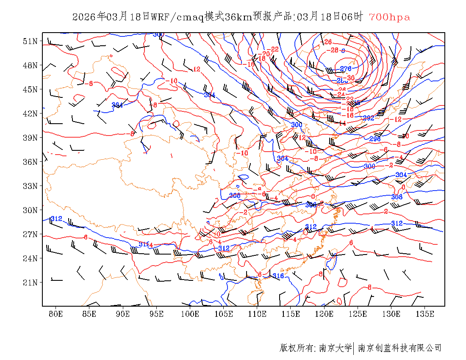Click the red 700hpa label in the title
point(389,17)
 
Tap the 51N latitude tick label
point(31,41)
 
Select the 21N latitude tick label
point(31,282)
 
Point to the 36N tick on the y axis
point(31,162)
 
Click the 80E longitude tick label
point(55,314)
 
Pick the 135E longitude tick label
point(425,314)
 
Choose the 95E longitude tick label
point(156,314)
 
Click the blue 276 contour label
point(346,69)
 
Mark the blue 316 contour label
point(278,276)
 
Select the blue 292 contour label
point(369,118)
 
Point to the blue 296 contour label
point(375,138)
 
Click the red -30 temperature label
point(350,78)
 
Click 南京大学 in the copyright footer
point(335,348)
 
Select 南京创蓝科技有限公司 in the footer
point(400,348)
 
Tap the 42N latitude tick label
point(31,114)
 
